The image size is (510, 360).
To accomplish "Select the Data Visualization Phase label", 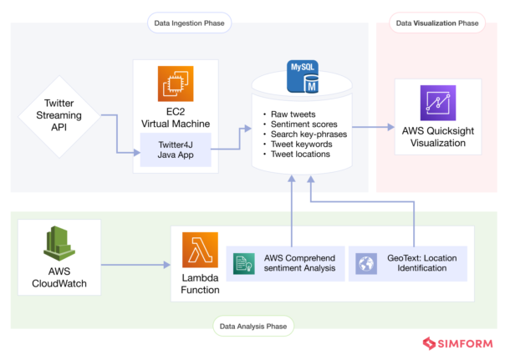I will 438,23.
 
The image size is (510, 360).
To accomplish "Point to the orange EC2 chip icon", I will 176,84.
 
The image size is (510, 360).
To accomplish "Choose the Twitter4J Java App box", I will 176,151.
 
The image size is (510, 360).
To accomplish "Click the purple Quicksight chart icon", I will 438,104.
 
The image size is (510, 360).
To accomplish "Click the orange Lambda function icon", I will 200,250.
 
